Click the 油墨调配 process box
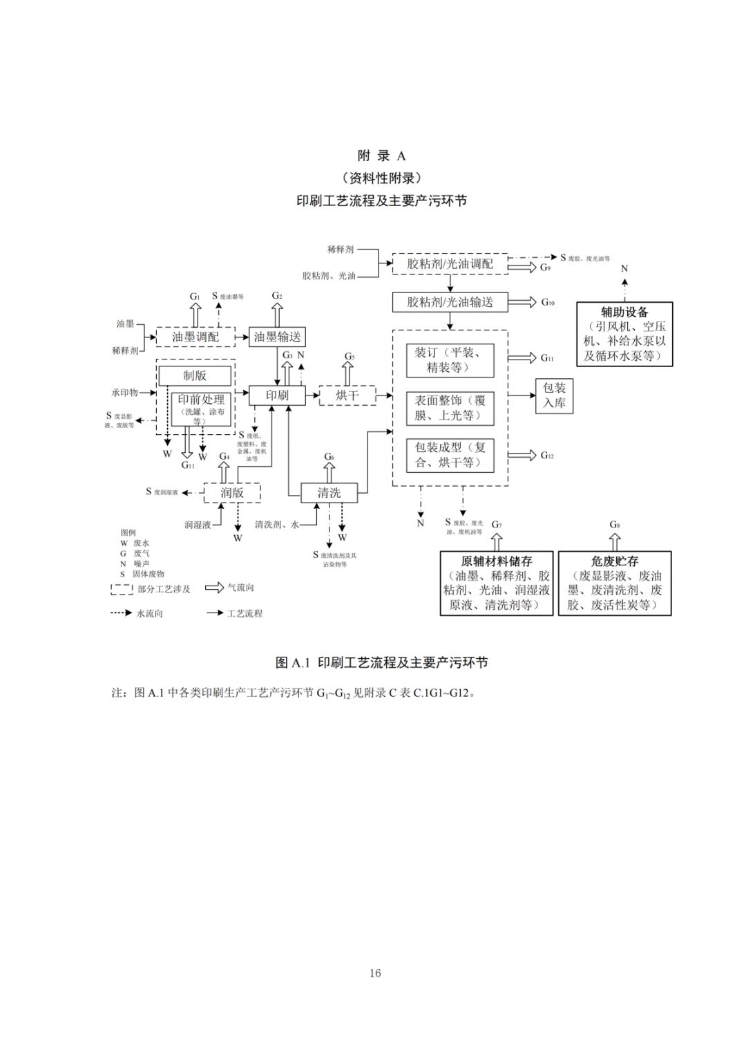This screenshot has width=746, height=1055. tap(195, 337)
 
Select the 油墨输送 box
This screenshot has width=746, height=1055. tap(277, 337)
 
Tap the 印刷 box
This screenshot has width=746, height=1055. tap(277, 395)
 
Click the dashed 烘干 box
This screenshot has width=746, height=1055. tap(347, 395)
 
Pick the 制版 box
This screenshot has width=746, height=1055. tap(195, 375)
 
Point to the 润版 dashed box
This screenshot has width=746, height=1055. tap(232, 492)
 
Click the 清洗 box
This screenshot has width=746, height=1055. tap(329, 492)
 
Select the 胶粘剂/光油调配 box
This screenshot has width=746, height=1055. tap(450, 263)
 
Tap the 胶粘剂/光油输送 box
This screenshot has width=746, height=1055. tap(450, 302)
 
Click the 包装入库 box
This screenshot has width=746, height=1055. tap(554, 395)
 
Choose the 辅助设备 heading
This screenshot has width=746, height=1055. tap(624, 312)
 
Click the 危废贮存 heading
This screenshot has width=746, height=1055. tap(615, 561)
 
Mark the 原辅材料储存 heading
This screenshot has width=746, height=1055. tap(497, 561)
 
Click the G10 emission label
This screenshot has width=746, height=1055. tap(548, 302)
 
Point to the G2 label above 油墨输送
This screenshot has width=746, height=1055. tap(277, 296)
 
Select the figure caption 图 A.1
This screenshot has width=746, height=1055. tap(381, 662)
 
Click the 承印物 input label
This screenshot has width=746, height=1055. tap(125, 393)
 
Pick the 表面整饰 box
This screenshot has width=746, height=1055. tap(450, 408)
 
